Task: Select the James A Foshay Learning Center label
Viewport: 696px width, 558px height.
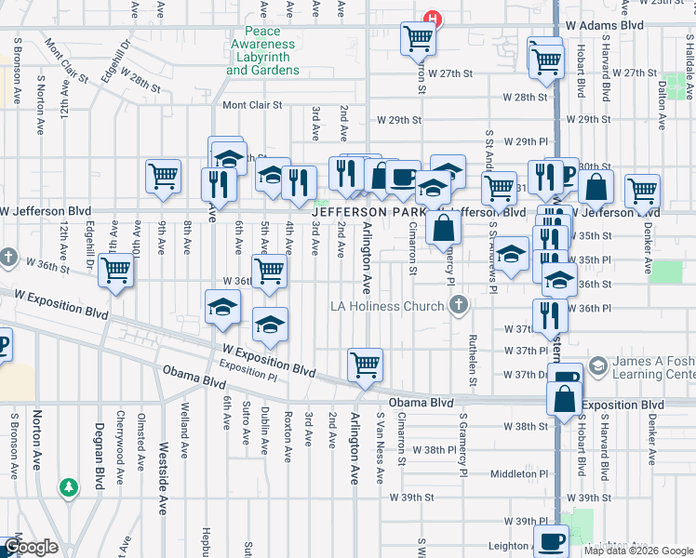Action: pyautogui.click(x=651, y=367)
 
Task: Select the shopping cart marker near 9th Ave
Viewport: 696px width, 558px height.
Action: pyautogui.click(x=163, y=176)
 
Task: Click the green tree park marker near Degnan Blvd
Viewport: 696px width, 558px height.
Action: pyautogui.click(x=68, y=487)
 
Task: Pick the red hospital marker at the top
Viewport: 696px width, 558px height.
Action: pyautogui.click(x=432, y=17)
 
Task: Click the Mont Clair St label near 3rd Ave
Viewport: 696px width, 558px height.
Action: pyautogui.click(x=251, y=106)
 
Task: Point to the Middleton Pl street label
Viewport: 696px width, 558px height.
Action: pyautogui.click(x=514, y=473)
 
